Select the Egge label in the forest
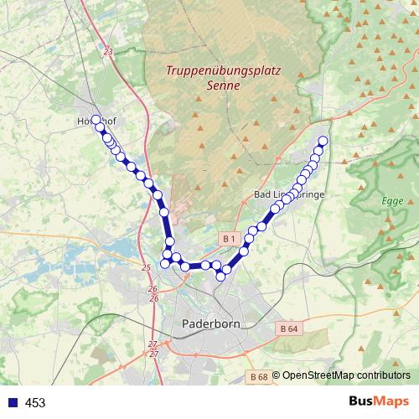392,202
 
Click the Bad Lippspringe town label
288,194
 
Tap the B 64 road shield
288,328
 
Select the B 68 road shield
259,377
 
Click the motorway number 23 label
108,52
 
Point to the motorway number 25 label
146,267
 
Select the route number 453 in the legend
35,403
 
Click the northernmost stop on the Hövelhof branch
96,120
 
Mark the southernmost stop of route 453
220,276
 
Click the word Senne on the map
223,85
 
